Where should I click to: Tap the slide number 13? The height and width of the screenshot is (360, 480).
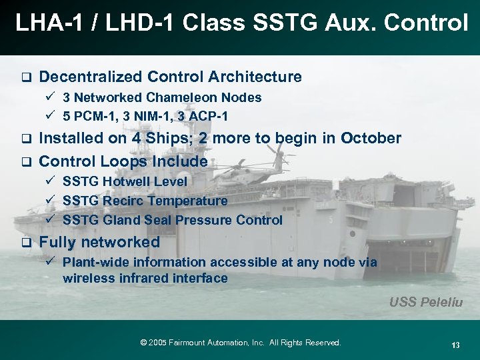(456, 345)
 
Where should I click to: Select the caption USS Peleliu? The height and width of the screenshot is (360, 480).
(426, 302)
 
